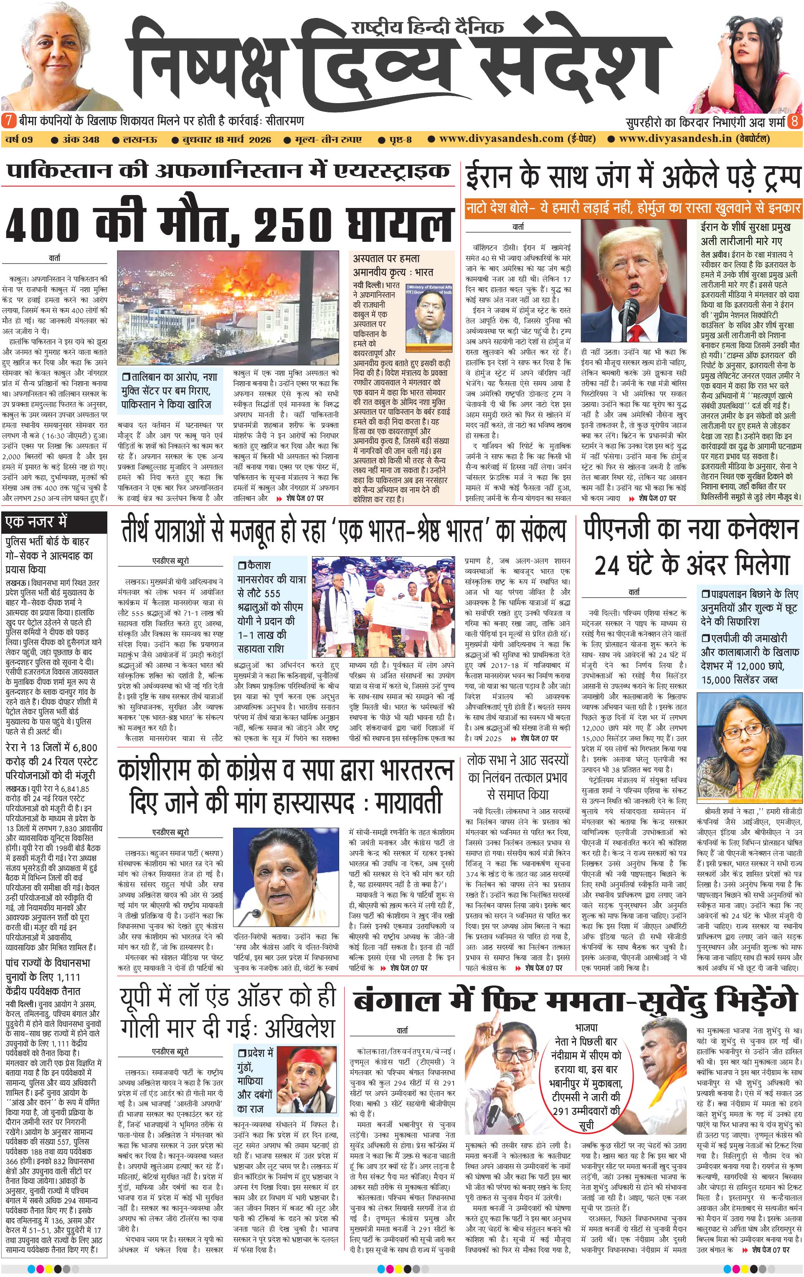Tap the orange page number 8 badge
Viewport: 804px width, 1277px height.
click(794, 122)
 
